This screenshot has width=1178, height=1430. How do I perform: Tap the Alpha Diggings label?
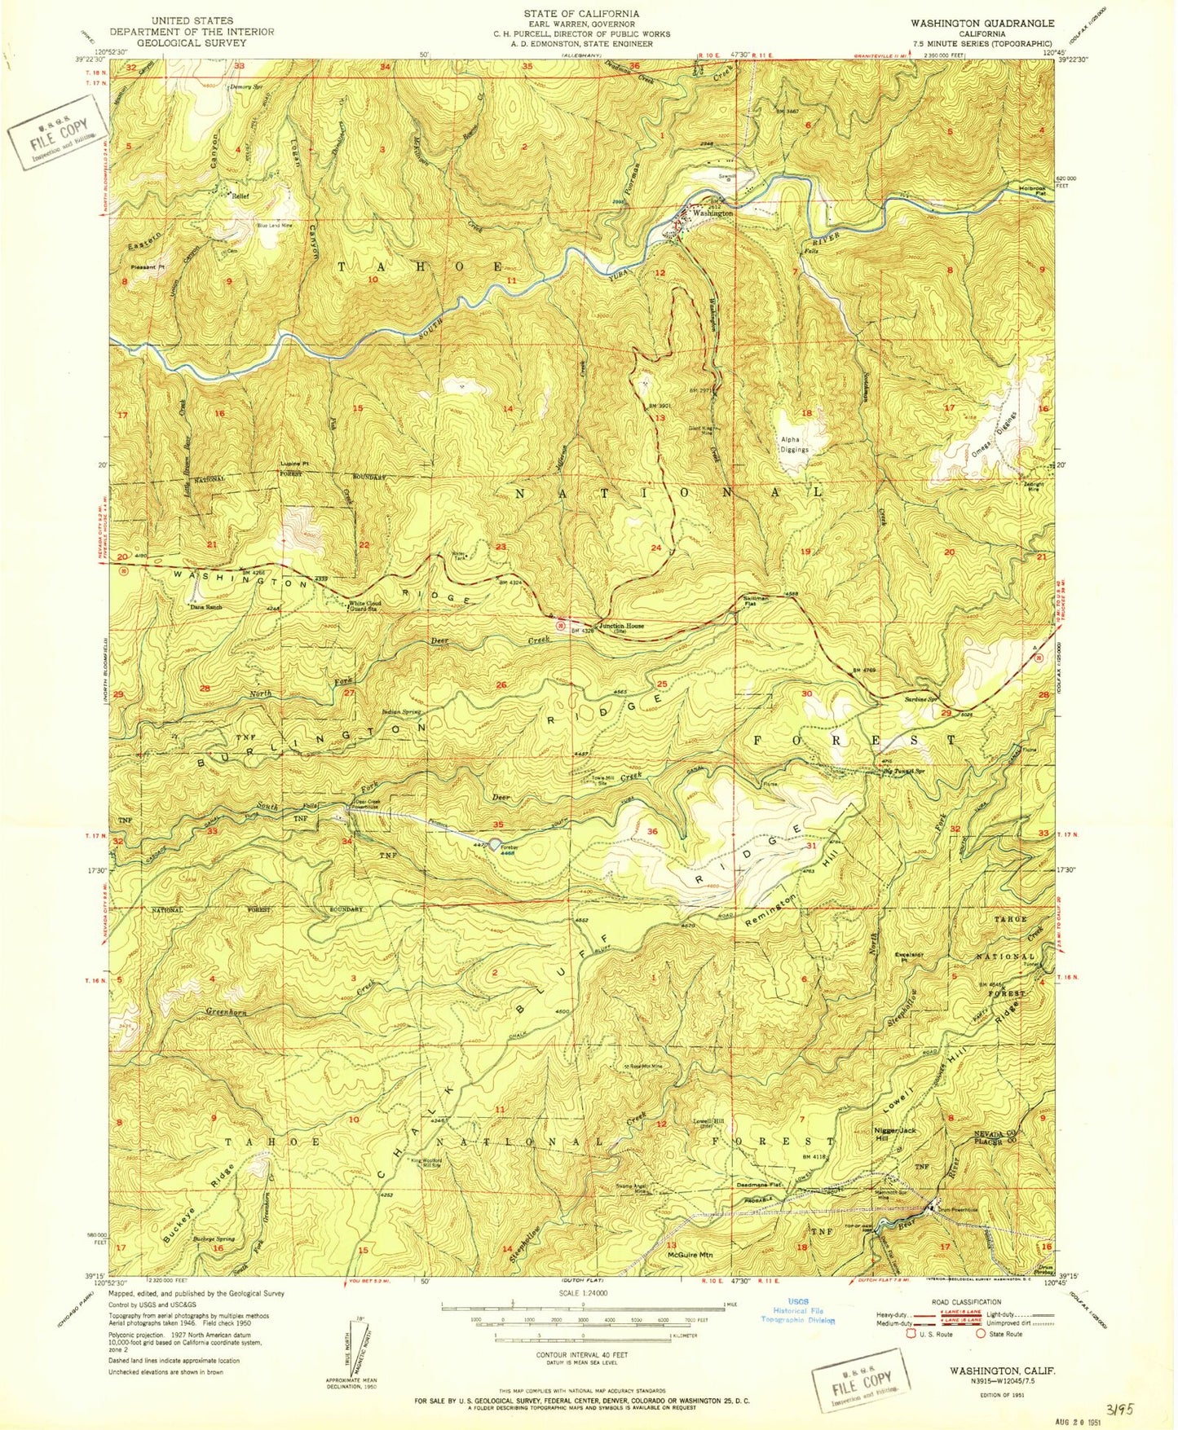[793, 444]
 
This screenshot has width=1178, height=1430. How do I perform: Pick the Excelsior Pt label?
[909, 956]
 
